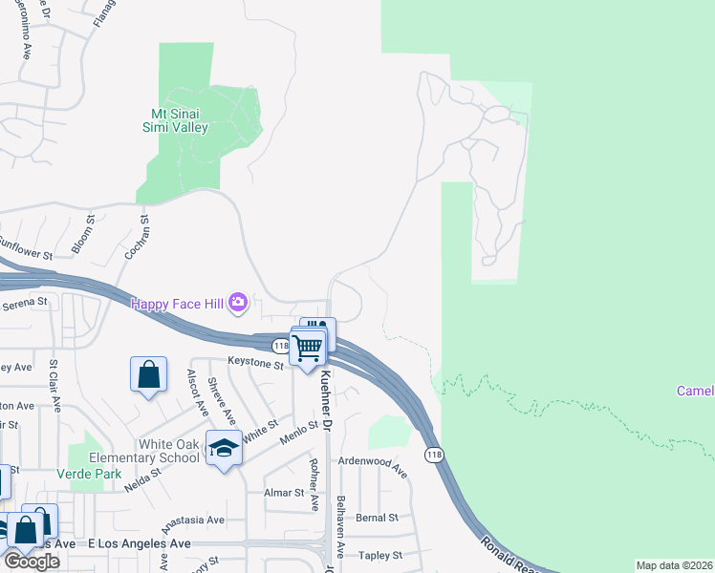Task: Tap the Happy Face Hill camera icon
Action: tap(238, 304)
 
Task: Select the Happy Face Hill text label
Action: tap(177, 304)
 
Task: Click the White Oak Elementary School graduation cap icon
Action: tap(224, 448)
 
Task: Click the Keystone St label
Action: tap(255, 363)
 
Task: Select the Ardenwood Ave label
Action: tap(373, 466)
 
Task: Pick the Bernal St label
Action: tap(377, 518)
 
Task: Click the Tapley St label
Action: tap(379, 555)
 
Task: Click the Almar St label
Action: tap(286, 494)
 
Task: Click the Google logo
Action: tap(32, 561)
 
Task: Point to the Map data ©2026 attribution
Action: tap(675, 565)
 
